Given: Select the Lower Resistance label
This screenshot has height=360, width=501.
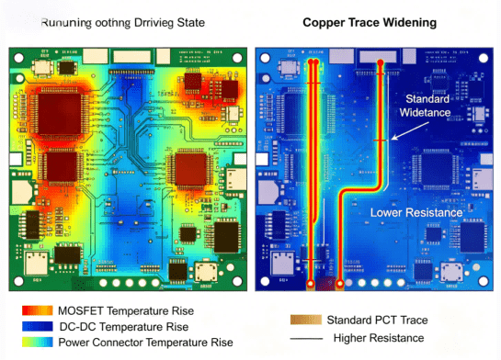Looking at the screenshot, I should point(415,212).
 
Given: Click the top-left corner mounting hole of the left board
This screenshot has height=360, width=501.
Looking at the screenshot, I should point(16,51).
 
